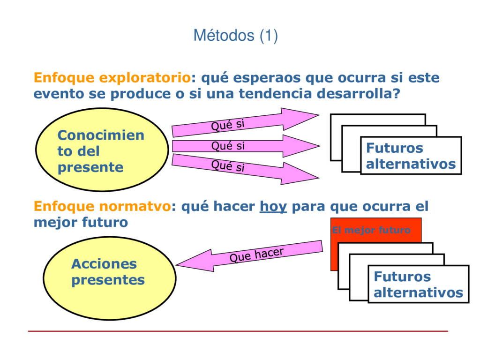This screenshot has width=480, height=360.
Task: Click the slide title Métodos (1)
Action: point(236,36)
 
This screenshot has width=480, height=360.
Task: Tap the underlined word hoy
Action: point(273,206)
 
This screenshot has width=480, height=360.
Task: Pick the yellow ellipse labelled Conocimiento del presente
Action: point(102,150)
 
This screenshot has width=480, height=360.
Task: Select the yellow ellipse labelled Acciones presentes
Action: point(109,278)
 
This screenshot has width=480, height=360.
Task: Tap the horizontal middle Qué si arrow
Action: point(244,146)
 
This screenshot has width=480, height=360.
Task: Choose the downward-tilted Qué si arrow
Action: point(244,168)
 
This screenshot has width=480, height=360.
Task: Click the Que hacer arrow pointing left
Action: point(248,256)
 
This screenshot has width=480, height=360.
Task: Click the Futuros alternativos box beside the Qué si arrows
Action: point(411,156)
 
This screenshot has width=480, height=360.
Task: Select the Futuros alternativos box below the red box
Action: point(418,285)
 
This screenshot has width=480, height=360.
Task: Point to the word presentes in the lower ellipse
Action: point(108,280)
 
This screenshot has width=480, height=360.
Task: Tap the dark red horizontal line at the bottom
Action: point(238,331)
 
